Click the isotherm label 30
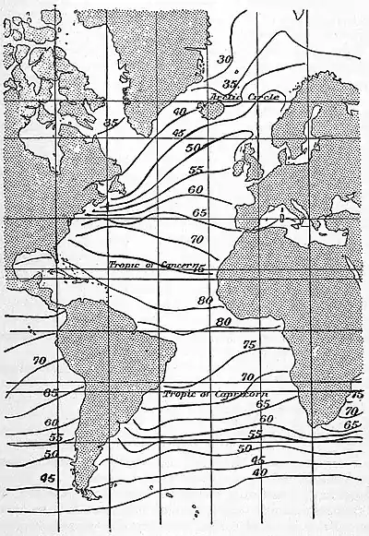pos(223,60)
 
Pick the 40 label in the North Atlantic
pos(181,113)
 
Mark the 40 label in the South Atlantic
pos(259,472)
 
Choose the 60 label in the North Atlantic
pos(195,189)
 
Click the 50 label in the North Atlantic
pos(193,149)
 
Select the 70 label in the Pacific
pos(39,361)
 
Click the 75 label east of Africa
pos(356,394)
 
